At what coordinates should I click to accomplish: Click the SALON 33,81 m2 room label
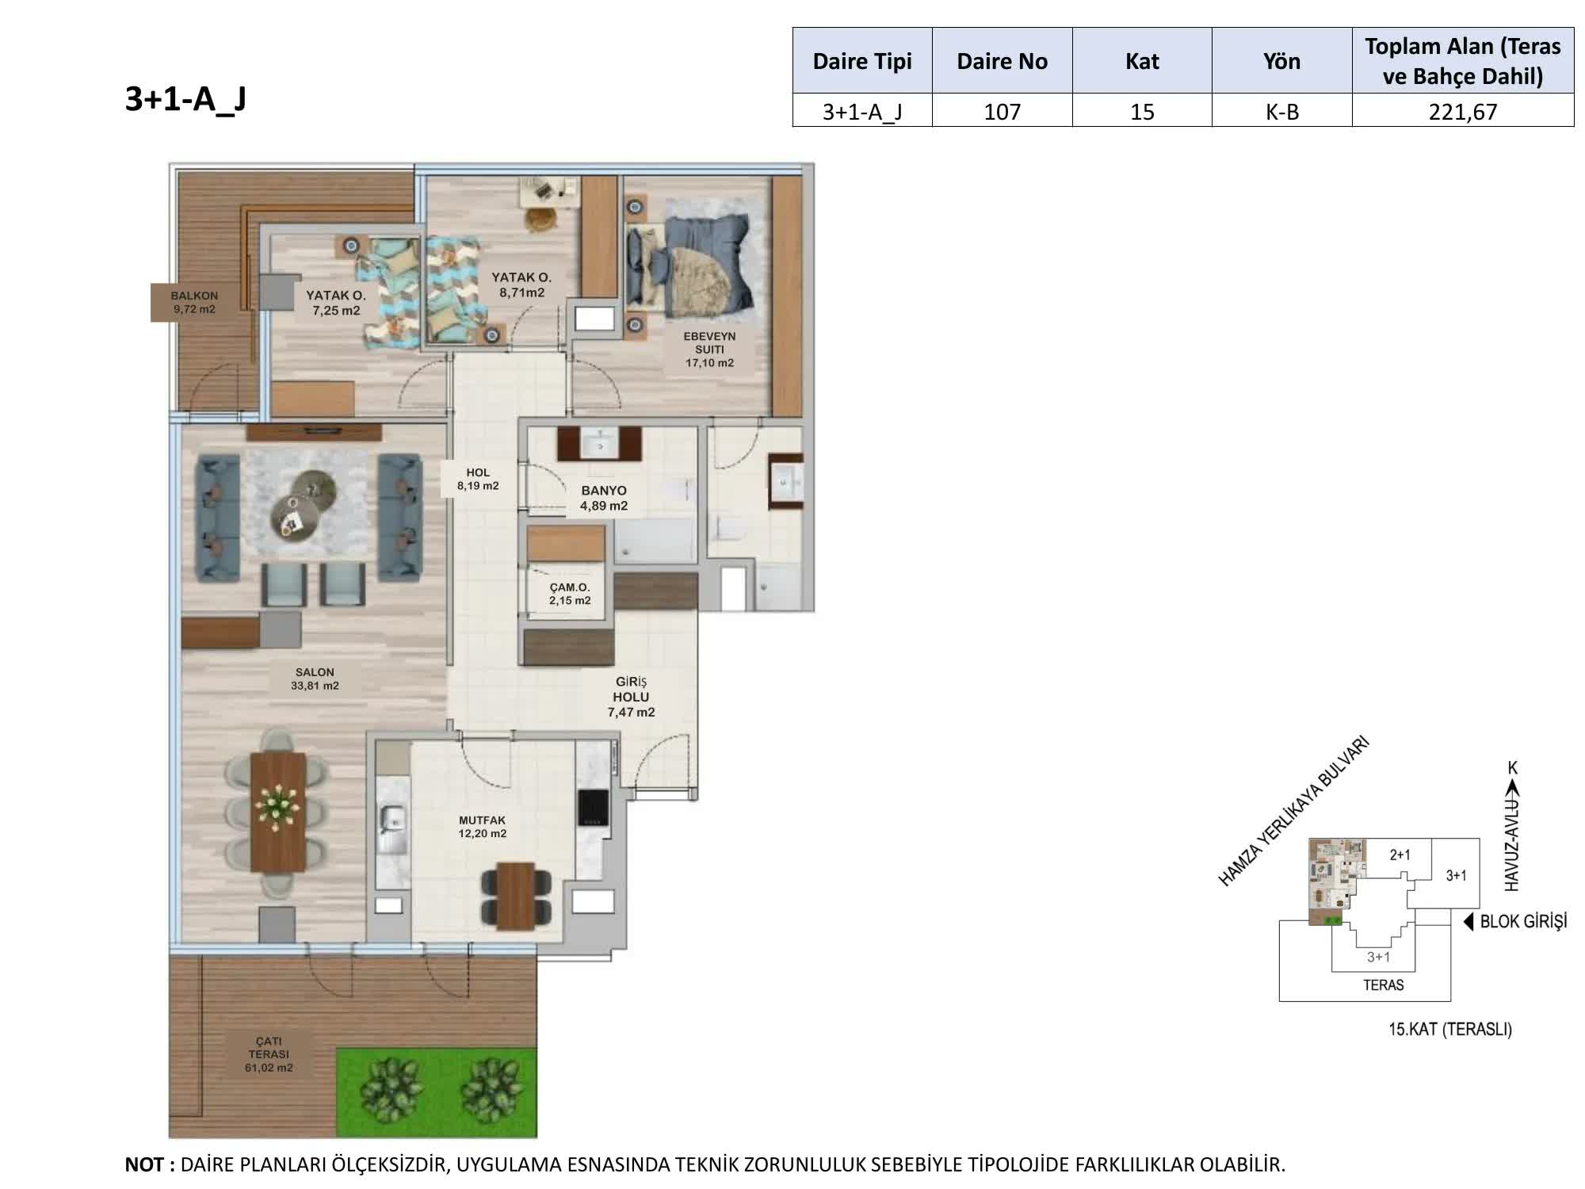tap(315, 679)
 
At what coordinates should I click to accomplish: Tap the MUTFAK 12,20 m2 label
tap(482, 827)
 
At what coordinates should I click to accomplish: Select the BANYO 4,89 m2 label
tap(604, 498)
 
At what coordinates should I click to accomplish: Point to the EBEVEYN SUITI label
tap(709, 342)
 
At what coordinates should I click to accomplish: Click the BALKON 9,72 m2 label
tap(194, 302)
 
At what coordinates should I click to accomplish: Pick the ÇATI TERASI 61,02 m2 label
tap(269, 1054)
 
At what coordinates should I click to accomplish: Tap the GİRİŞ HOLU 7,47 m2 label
tap(631, 697)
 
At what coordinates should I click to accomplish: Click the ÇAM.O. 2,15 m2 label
tap(570, 594)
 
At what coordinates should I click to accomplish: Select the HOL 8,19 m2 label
tap(478, 479)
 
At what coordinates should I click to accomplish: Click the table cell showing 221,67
tap(1463, 111)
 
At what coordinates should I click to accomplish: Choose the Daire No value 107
tap(1002, 111)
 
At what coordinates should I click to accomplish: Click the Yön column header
tap(1281, 61)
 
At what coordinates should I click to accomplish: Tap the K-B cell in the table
tap(1281, 111)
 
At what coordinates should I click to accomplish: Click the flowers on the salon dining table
tap(277, 807)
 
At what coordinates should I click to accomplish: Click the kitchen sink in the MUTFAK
tap(392, 819)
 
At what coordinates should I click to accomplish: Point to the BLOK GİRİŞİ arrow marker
tap(1468, 922)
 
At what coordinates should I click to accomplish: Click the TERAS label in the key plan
tap(1383, 985)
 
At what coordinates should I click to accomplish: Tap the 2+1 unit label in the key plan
tap(1400, 854)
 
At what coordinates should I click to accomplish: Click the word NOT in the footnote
tap(145, 1164)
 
